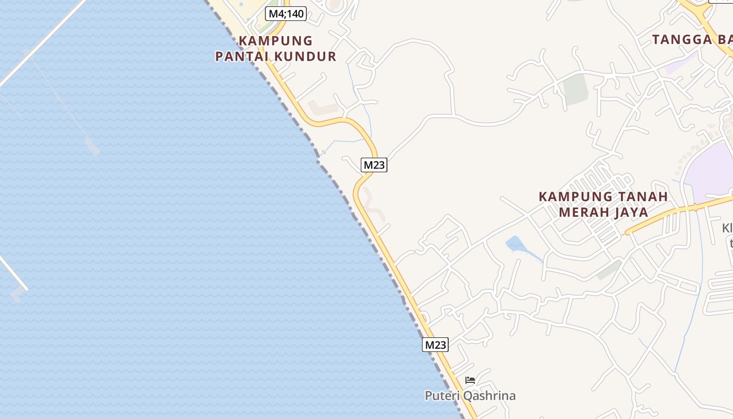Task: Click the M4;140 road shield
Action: [285, 14]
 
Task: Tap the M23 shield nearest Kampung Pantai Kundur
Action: [374, 165]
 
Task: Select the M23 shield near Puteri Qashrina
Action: [435, 345]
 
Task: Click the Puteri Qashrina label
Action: [470, 396]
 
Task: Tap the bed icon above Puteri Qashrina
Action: [470, 380]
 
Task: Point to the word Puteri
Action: [443, 396]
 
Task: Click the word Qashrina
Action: [489, 396]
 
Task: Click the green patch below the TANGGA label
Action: [575, 88]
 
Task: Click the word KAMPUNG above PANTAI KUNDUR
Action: [276, 41]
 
